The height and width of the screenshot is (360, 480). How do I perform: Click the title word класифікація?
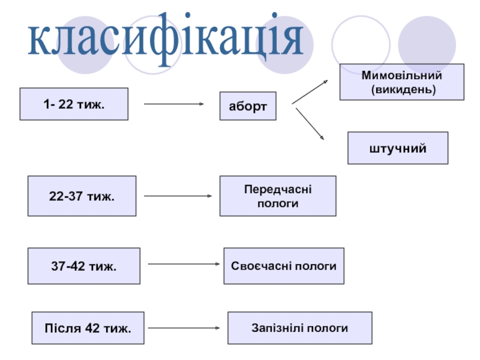pyautogui.click(x=166, y=38)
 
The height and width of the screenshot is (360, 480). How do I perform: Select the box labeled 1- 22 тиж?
pyautogui.click(x=74, y=104)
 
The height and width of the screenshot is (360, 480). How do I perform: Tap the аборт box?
pyautogui.click(x=248, y=106)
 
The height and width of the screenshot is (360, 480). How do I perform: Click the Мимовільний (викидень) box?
pyautogui.click(x=401, y=82)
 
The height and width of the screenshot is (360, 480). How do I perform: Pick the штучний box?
pyautogui.click(x=398, y=148)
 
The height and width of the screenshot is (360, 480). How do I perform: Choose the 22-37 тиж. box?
pyautogui.click(x=82, y=196)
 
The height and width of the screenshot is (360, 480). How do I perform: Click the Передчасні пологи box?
pyautogui.click(x=278, y=196)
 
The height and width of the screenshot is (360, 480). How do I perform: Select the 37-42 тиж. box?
pyautogui.click(x=84, y=266)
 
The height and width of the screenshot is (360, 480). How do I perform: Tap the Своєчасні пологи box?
pyautogui.click(x=284, y=266)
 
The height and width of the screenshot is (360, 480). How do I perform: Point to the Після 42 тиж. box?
pyautogui.click(x=88, y=328)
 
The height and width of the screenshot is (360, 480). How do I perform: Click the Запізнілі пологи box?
pyautogui.click(x=299, y=328)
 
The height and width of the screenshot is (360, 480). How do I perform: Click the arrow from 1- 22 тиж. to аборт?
pyautogui.click(x=174, y=104)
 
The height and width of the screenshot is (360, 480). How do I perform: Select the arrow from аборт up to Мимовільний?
pyautogui.click(x=310, y=92)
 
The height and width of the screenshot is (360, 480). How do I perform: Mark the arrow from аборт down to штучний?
pyautogui.click(x=310, y=124)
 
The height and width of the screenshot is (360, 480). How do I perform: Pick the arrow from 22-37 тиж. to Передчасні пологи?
pyautogui.click(x=178, y=196)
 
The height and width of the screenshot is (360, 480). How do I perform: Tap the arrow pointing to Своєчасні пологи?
pyautogui.click(x=184, y=264)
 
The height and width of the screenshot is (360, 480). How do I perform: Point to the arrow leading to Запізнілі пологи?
pyautogui.click(x=184, y=328)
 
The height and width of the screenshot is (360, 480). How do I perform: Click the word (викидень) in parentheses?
pyautogui.click(x=403, y=89)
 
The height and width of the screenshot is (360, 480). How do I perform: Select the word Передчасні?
pyautogui.click(x=278, y=190)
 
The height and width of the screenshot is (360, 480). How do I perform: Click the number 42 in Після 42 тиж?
pyautogui.click(x=92, y=328)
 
